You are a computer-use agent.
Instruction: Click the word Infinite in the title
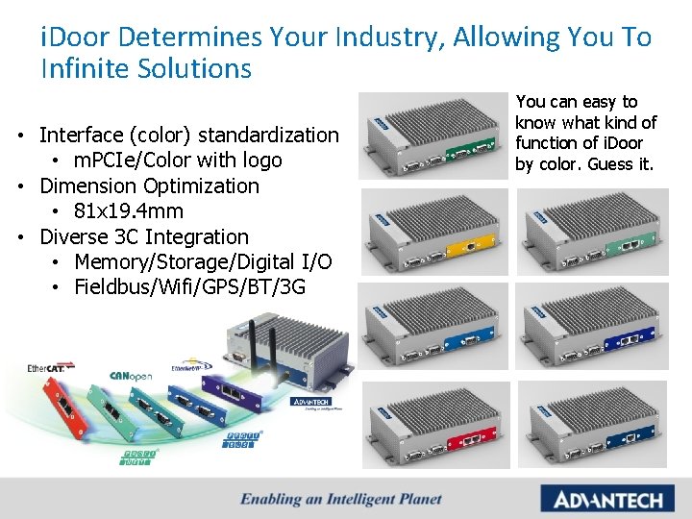tap(85, 69)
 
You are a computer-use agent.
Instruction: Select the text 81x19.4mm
tap(128, 211)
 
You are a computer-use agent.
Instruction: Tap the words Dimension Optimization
tap(149, 185)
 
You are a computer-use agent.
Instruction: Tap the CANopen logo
tap(132, 377)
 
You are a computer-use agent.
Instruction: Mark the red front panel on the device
tap(463, 444)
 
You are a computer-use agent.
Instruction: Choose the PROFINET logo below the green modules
tap(139, 455)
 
